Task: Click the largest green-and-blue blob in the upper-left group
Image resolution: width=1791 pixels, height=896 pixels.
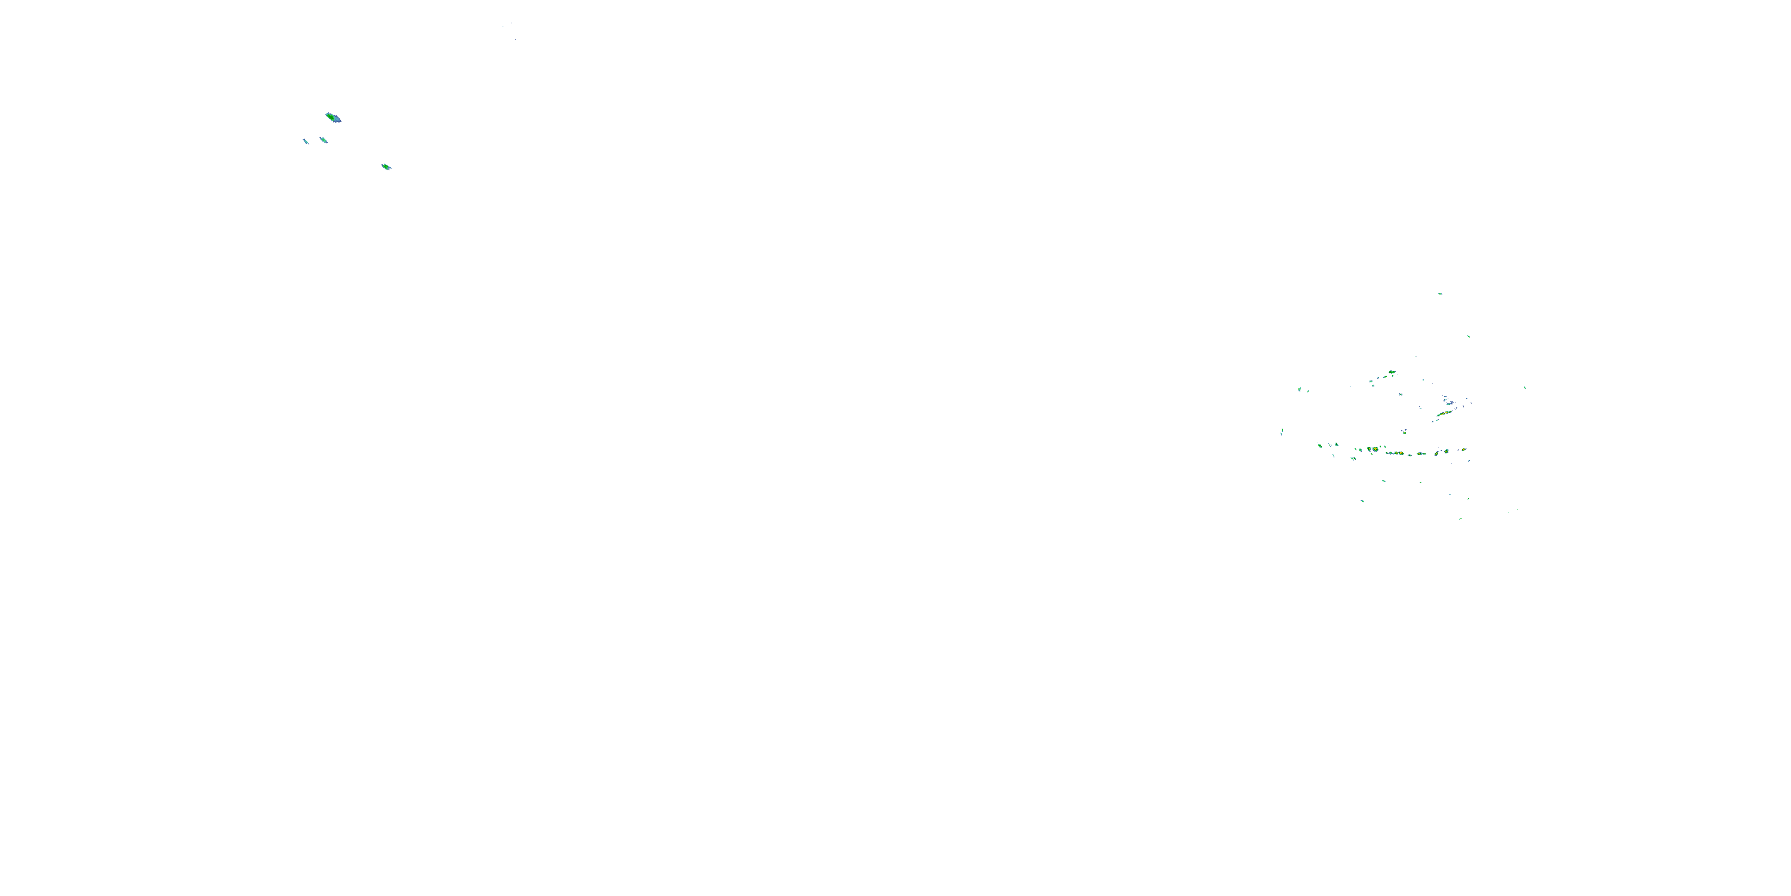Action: (x=333, y=118)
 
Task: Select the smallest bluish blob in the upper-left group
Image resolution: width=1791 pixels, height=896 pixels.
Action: (x=305, y=141)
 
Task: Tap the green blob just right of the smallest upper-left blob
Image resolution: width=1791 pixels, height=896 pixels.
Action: (x=324, y=140)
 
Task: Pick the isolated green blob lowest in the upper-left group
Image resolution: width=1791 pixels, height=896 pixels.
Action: (x=387, y=167)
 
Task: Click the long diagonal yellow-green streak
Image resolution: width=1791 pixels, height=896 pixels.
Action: (x=1444, y=415)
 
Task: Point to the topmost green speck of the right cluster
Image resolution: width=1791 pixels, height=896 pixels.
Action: (x=1440, y=293)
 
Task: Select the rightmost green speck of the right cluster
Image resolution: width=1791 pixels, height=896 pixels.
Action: (x=1525, y=388)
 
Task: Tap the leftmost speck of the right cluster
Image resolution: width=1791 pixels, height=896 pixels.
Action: (x=1281, y=431)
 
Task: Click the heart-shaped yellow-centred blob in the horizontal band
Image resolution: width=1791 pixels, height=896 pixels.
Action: (x=1374, y=449)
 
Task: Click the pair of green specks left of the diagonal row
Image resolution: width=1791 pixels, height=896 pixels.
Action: (x=1300, y=389)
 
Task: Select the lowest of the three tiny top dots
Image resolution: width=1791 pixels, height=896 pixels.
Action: (x=515, y=39)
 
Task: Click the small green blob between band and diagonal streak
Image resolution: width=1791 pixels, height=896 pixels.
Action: (x=1404, y=431)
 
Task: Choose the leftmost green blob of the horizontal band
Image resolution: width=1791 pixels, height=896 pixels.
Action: (x=1319, y=445)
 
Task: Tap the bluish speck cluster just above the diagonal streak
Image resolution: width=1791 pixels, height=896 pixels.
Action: (x=1447, y=400)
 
